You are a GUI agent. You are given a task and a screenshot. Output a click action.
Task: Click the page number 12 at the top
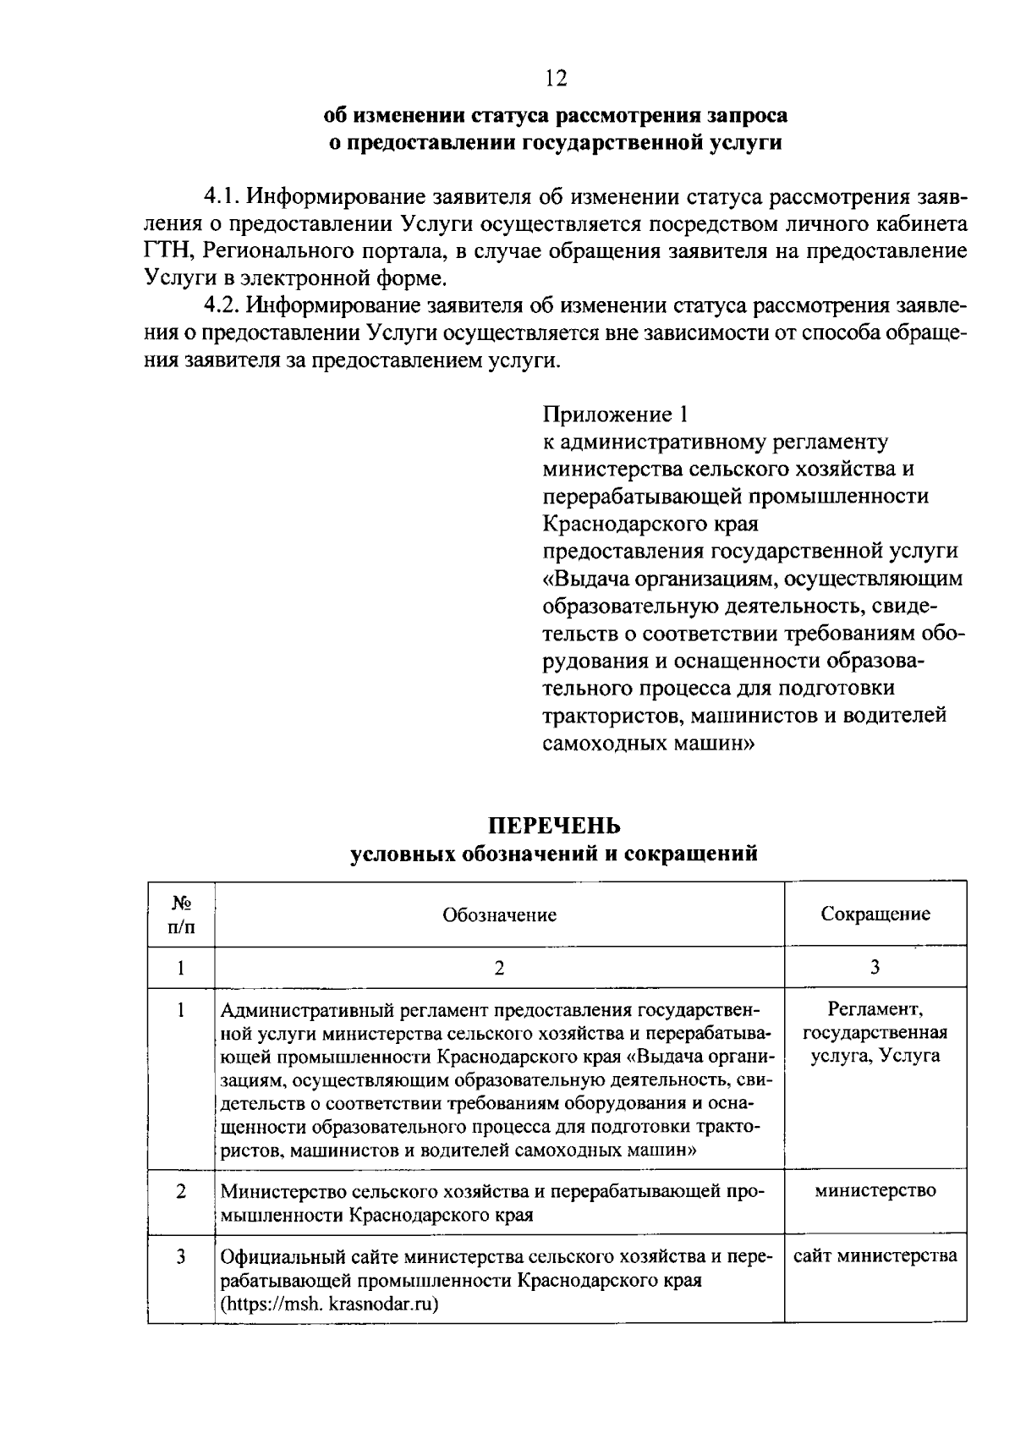554,79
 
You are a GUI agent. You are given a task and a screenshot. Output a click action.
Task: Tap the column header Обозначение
499,914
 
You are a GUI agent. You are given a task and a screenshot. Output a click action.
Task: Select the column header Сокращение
875,914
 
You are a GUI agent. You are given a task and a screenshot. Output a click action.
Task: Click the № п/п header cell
181,914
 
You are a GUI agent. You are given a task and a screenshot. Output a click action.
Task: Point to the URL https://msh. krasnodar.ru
329,1304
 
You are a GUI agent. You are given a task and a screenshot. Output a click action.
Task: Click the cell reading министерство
875,1190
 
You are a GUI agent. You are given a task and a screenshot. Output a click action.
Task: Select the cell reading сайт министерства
875,1255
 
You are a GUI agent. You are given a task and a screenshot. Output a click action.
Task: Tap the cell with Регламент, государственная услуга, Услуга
875,1032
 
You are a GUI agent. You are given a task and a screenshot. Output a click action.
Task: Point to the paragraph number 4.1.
222,198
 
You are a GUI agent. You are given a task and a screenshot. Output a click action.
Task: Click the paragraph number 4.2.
222,306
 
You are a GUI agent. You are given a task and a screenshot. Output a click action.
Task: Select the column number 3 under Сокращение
875,967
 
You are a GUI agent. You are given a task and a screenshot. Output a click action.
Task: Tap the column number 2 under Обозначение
499,968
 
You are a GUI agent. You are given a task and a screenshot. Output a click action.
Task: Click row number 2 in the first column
181,1191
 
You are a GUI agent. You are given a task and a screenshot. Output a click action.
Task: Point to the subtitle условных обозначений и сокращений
554,854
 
